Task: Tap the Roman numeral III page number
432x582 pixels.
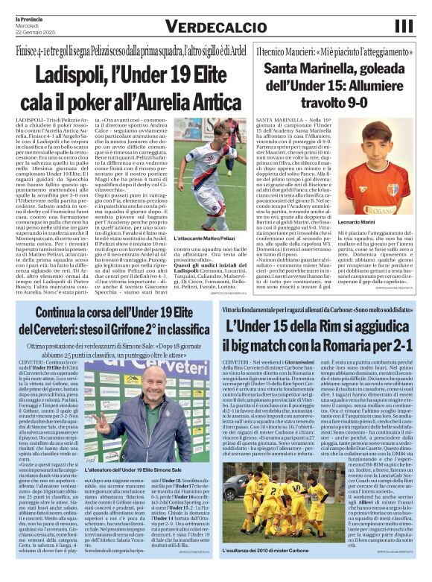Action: click(x=403, y=26)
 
